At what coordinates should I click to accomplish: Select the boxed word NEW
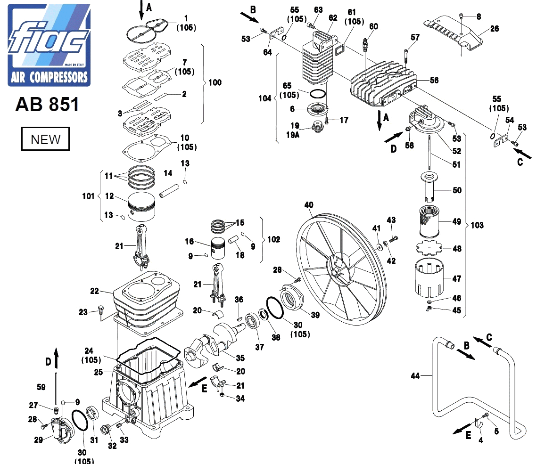pyautogui.click(x=45, y=139)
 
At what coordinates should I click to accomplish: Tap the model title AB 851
pyautogui.click(x=47, y=105)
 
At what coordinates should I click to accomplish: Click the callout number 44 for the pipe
pyautogui.click(x=415, y=375)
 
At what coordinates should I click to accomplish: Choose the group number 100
pyautogui.click(x=215, y=83)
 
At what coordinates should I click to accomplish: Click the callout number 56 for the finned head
pyautogui.click(x=434, y=81)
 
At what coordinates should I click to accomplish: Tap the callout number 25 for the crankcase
pyautogui.click(x=98, y=372)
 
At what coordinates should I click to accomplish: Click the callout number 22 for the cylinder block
pyautogui.click(x=95, y=291)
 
